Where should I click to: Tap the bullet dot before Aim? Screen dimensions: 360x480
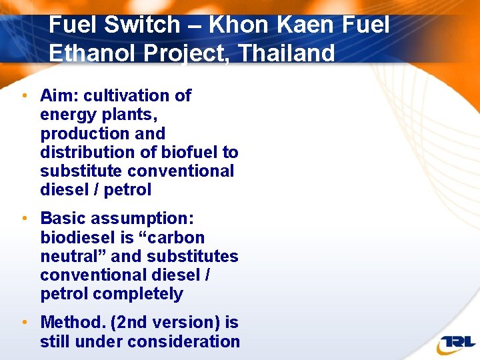[24, 95]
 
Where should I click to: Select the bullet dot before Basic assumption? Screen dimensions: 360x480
[24, 218]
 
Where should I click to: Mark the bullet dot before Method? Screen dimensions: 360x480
[24, 323]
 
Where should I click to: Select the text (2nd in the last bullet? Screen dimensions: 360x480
[129, 323]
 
